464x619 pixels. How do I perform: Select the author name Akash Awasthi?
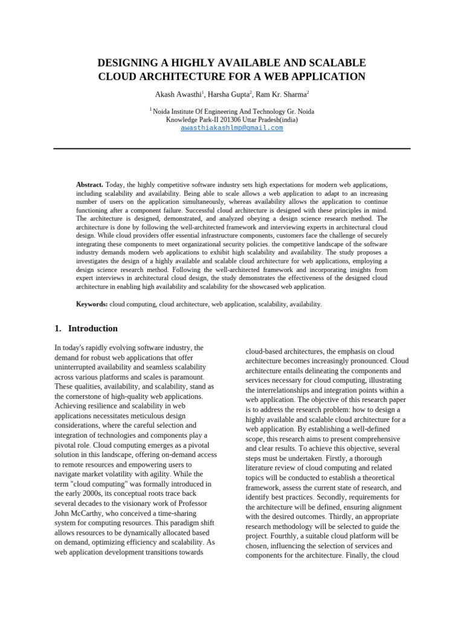click(x=178, y=94)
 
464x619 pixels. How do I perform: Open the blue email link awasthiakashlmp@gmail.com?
click(x=232, y=128)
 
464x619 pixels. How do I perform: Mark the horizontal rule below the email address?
click(x=232, y=149)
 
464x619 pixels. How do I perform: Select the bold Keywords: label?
click(x=92, y=304)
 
